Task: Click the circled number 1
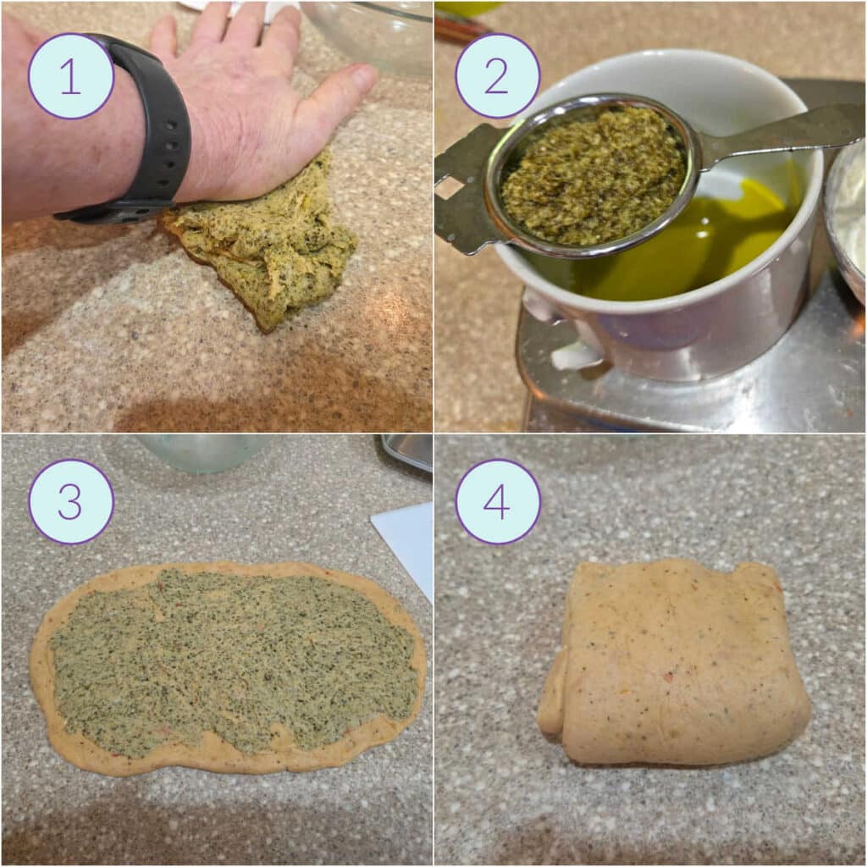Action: [x=71, y=76]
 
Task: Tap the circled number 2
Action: [x=497, y=76]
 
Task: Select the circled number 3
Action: [x=71, y=501]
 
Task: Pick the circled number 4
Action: [x=497, y=501]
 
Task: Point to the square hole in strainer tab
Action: [x=450, y=187]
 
